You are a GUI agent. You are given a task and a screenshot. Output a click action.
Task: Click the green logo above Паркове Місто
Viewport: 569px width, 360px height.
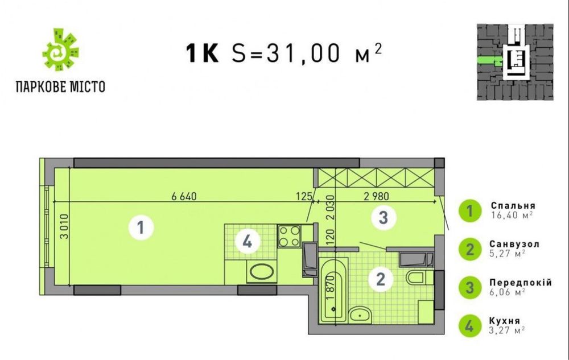tap(60, 49)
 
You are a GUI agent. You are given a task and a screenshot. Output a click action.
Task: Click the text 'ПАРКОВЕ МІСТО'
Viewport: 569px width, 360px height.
tap(61, 87)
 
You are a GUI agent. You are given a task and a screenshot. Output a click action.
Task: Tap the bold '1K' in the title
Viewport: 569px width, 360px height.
tap(203, 53)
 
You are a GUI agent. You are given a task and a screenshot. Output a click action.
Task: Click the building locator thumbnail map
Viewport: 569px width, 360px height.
tap(515, 63)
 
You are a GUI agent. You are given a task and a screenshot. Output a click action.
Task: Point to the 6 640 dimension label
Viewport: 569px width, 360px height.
tap(184, 196)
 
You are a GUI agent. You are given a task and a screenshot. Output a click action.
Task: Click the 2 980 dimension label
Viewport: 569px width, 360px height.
tap(376, 196)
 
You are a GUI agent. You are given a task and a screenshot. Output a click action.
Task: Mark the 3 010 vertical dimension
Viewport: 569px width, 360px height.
tap(64, 226)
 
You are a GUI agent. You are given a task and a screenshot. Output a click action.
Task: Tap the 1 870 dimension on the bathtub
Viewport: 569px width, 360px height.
tap(330, 288)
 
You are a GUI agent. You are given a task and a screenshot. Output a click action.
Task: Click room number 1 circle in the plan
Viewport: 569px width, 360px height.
tap(141, 227)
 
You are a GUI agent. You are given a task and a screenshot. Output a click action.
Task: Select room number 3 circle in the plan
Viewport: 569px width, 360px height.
tap(384, 217)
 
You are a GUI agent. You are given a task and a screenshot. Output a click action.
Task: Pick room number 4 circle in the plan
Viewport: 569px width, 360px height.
tap(248, 242)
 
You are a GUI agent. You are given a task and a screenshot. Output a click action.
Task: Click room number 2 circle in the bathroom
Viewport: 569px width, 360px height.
tap(380, 279)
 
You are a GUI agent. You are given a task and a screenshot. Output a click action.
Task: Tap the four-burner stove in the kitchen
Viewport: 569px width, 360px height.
tap(289, 236)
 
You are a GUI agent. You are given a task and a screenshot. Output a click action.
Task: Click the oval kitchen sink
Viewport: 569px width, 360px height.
tap(261, 271)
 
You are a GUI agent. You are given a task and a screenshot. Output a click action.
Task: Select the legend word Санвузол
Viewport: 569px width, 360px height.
tap(514, 244)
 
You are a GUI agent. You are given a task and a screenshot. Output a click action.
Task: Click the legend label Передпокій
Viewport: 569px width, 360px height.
tap(521, 283)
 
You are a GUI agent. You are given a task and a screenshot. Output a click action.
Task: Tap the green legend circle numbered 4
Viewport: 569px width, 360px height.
tap(470, 326)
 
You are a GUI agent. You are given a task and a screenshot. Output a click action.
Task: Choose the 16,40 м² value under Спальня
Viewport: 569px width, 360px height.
tap(512, 215)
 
